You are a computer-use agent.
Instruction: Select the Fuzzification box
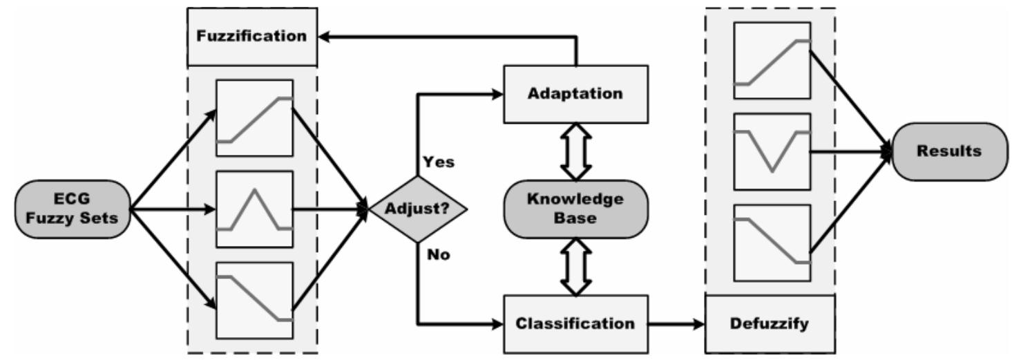pos(252,36)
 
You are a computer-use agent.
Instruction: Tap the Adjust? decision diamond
pos(417,209)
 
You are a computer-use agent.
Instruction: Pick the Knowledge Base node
pos(575,208)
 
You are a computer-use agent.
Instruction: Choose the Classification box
pos(575,323)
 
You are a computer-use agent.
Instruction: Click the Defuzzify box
pos(770,323)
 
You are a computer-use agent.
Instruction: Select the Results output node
pos(948,151)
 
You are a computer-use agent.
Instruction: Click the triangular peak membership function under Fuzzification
pos(255,209)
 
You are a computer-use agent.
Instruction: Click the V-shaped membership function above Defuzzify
pos(772,151)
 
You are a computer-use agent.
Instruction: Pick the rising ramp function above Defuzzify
pos(772,62)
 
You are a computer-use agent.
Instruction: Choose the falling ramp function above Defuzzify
pos(772,242)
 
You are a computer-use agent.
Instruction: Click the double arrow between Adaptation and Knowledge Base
pos(576,150)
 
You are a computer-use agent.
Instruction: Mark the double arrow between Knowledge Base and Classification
pos(576,265)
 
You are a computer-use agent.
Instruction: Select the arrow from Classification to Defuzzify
pos(677,323)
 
